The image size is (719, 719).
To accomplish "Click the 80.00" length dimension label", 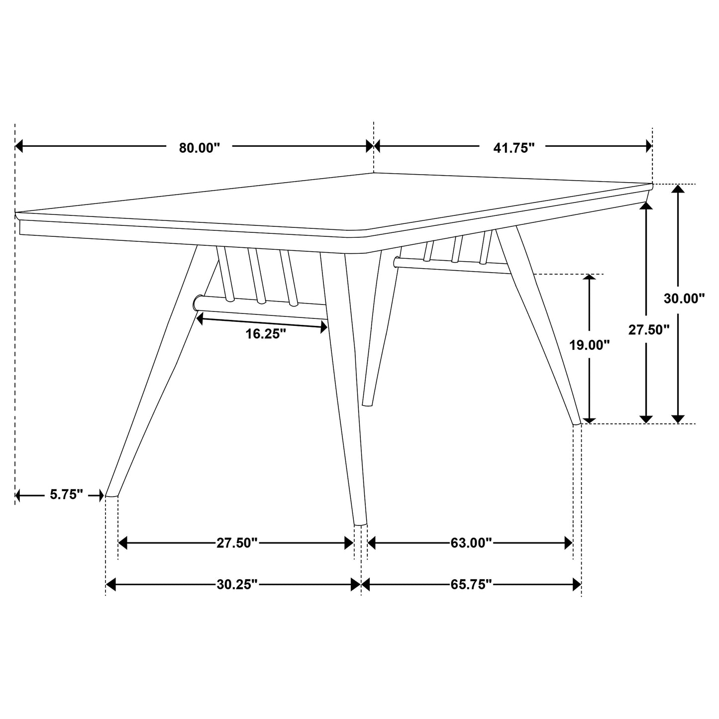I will tap(199, 148).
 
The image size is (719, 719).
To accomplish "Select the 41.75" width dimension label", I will tap(514, 148).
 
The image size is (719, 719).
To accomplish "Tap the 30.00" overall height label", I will tap(684, 299).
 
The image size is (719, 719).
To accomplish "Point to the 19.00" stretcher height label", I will tap(590, 345).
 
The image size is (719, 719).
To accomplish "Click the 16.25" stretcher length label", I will tap(266, 334).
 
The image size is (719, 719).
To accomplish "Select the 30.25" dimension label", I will tap(237, 584).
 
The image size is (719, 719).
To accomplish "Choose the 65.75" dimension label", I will tap(471, 584).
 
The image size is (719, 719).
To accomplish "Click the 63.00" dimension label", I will tap(471, 543).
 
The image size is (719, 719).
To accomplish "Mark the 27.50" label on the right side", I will tap(648, 330).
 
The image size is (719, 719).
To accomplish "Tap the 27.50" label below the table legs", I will tap(237, 543).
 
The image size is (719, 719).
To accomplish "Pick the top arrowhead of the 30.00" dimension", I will tap(678, 189).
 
